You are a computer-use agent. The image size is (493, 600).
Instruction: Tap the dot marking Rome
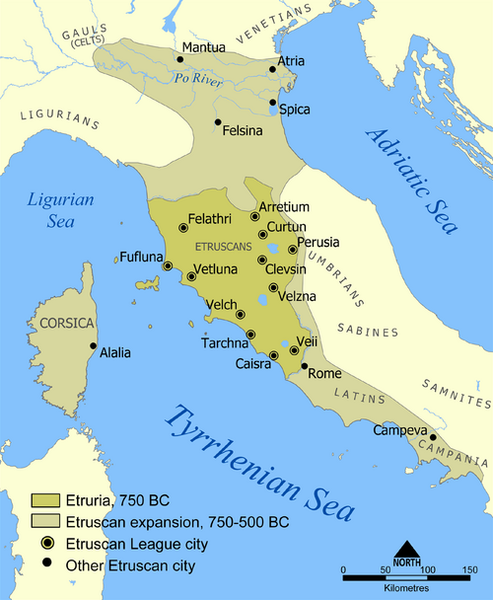click(x=305, y=365)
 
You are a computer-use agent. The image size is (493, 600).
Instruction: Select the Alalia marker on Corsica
click(x=94, y=345)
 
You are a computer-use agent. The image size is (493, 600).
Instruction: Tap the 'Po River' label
click(x=194, y=78)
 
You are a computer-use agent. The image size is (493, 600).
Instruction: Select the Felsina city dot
click(x=218, y=122)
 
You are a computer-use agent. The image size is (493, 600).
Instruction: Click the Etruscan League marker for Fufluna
click(x=168, y=266)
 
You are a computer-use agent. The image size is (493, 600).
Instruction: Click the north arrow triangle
click(x=406, y=550)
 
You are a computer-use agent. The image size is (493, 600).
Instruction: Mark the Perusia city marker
click(x=292, y=250)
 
